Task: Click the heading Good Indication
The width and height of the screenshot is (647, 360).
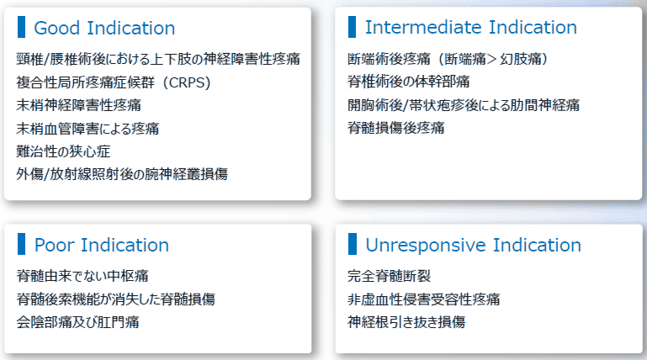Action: pos(104,28)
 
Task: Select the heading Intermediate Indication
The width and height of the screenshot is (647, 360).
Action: pos(471,27)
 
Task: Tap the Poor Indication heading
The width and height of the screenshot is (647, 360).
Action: pos(102,245)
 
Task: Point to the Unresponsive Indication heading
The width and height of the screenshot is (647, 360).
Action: pos(474,245)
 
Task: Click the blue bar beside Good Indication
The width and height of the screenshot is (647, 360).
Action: pos(22,27)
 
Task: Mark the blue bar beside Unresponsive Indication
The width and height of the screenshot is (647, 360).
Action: pos(353,244)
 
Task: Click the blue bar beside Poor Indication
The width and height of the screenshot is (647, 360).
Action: pos(22,244)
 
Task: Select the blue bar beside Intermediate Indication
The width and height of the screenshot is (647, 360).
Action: pos(352,27)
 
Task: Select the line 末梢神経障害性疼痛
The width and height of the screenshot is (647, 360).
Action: pos(79,105)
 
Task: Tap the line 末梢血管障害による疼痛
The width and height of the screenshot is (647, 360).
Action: pos(88,129)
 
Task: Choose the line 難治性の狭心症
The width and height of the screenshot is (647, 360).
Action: pos(64,151)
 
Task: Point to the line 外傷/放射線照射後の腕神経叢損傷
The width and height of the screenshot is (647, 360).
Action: pos(122,174)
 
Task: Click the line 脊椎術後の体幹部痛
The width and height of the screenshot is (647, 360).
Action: pos(409,82)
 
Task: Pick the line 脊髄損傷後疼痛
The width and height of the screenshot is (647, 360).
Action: pos(396,128)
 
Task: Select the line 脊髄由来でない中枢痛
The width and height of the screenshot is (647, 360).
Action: pos(82,276)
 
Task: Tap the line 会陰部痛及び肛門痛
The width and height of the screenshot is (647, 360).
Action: pos(78,322)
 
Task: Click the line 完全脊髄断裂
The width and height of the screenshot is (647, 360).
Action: pos(389,276)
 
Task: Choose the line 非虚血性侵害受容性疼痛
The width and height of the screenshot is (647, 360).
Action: pos(424,299)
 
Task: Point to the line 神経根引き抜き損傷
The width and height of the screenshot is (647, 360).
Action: pos(406,322)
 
